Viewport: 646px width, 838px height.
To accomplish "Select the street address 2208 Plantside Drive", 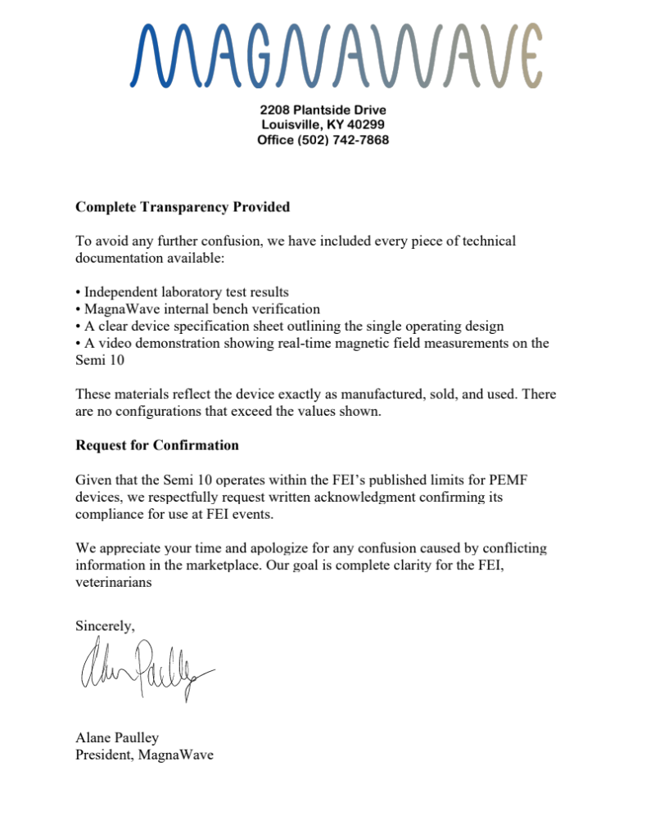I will click(323, 110).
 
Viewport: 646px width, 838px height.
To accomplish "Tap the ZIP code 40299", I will click(365, 124).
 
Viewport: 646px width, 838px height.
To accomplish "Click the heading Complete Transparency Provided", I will click(183, 207).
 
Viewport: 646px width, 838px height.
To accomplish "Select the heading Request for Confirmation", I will click(157, 445).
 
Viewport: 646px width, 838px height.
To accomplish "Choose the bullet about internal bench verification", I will click(197, 309).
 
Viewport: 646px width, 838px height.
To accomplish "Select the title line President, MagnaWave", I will click(144, 755).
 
